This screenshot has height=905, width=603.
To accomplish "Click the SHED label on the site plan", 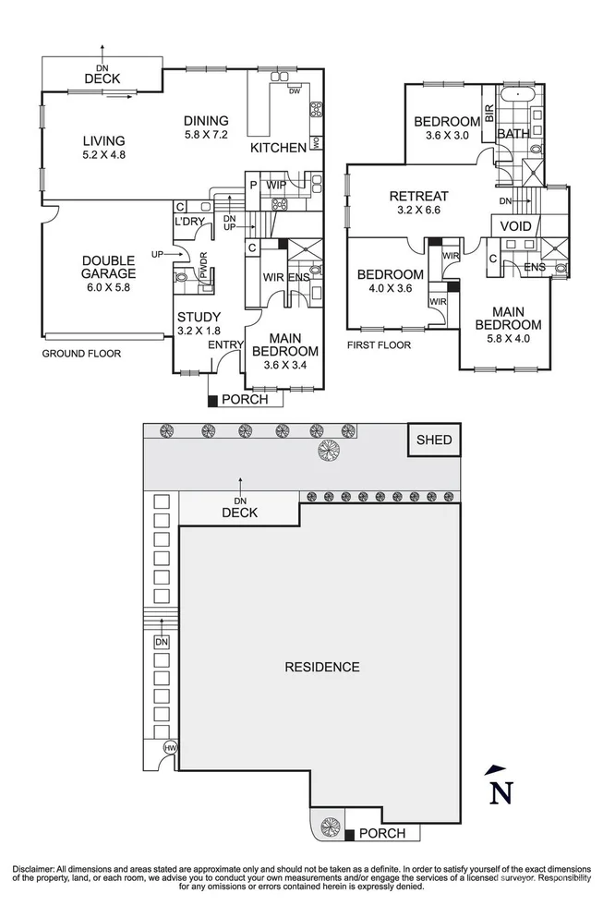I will coord(434,440).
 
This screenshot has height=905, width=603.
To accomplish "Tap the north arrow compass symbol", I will coord(500,787).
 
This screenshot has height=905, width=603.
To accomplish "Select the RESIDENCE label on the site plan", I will coord(321,667).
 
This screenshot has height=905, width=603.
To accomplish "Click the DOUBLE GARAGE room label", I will coord(107,267).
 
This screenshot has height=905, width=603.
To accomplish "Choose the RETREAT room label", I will coord(418,196).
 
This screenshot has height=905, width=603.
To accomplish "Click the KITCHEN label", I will coord(278,148).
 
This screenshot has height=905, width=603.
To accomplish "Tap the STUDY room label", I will coord(198,317).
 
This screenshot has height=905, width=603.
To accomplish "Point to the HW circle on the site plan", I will coord(170,747).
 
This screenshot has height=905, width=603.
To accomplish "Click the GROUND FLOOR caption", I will coord(81,354).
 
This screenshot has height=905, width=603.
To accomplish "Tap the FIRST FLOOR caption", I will coord(379,345).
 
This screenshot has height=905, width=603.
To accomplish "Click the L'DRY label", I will coord(188,223).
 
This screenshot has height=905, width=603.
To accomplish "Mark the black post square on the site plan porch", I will coord(350,836).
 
